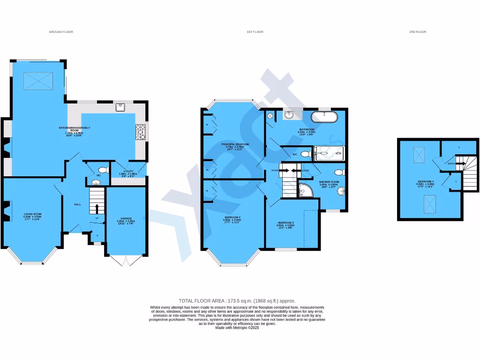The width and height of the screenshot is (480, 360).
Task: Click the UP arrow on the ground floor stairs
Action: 97,208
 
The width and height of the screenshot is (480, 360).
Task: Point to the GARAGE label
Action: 126,219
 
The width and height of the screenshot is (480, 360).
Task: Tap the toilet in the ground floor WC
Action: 102,170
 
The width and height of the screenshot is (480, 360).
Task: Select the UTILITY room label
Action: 128,172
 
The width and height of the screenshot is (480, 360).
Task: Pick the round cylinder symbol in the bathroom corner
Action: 270,115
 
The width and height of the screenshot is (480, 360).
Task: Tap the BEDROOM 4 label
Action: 426,181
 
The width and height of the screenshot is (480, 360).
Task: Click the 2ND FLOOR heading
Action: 418,32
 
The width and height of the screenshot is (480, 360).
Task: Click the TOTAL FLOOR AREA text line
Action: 237,301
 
